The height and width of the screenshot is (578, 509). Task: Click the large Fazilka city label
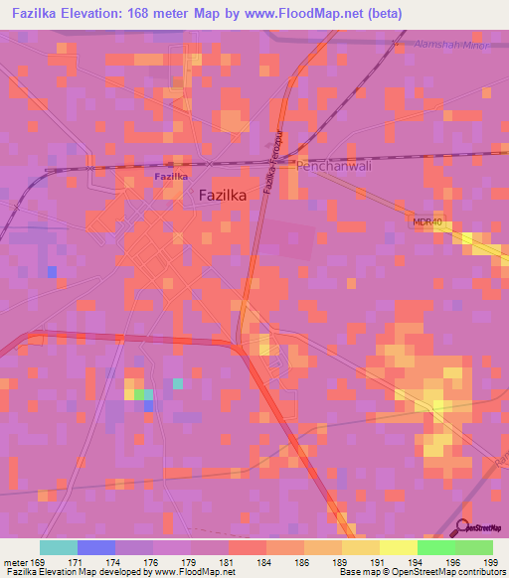pyautogui.click(x=223, y=196)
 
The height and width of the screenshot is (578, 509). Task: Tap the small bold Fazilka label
pyautogui.click(x=171, y=176)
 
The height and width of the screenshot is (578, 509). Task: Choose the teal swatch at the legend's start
pyautogui.click(x=59, y=547)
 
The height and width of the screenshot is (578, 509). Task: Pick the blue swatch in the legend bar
pyautogui.click(x=96, y=547)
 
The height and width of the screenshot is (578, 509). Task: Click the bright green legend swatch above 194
pyautogui.click(x=436, y=547)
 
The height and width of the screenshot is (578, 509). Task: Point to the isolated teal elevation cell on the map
pyautogui.click(x=178, y=382)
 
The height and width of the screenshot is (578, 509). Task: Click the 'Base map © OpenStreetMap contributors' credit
pyautogui.click(x=421, y=572)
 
